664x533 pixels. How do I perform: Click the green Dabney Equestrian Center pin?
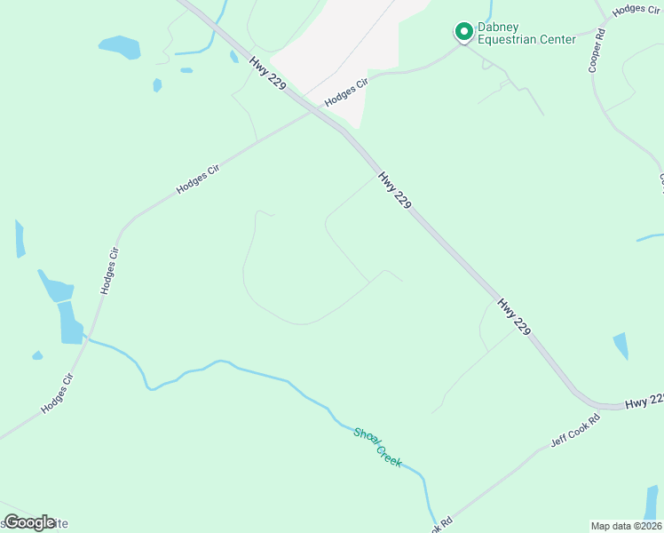pyautogui.click(x=462, y=32)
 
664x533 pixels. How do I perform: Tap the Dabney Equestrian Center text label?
pyautogui.click(x=526, y=33)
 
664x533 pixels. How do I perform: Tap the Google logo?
pyautogui.click(x=28, y=522)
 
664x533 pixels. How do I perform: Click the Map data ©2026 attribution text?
pyautogui.click(x=626, y=526)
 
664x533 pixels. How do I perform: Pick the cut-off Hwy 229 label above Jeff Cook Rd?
pyautogui.click(x=644, y=402)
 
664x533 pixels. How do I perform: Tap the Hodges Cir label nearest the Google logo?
pyautogui.click(x=55, y=394)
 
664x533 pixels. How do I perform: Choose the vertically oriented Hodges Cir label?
pyautogui.click(x=109, y=271)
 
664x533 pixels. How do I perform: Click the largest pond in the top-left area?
pyautogui.click(x=120, y=46)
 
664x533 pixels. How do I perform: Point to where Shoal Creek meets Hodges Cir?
pyautogui.click(x=87, y=339)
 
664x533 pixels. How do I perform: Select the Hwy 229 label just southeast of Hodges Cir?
pyautogui.click(x=395, y=190)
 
